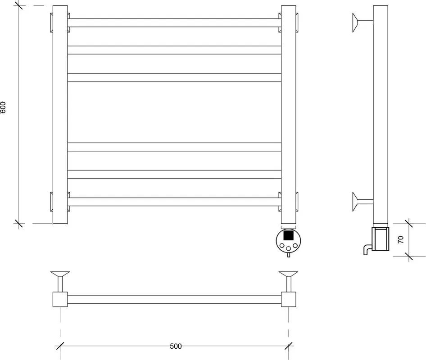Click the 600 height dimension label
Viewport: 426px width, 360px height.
coord(2,107)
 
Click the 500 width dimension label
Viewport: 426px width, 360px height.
coord(176,346)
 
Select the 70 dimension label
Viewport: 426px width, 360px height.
coord(401,239)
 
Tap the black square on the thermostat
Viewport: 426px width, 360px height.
coord(288,234)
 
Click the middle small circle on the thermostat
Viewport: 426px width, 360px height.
coord(289,248)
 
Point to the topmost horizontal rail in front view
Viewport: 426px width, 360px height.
coord(174,23)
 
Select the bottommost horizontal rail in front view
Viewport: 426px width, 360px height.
coord(174,202)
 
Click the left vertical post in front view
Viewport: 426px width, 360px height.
coord(60,115)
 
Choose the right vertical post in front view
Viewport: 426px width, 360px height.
coord(289,115)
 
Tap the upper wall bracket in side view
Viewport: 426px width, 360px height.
coord(363,23)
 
